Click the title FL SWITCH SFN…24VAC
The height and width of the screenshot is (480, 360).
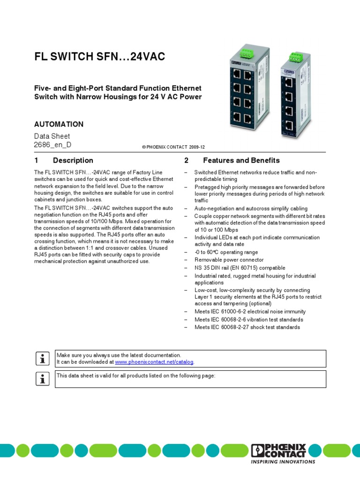[x=99, y=57]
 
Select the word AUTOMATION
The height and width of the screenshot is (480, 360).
[x=59, y=124]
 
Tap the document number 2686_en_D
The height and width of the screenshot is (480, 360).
[x=53, y=145]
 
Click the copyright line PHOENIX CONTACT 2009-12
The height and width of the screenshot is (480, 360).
[x=173, y=147]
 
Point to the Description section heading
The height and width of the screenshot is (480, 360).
[x=73, y=160]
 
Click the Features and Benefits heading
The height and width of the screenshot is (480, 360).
[x=241, y=160]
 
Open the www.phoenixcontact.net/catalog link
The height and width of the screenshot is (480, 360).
[x=154, y=362]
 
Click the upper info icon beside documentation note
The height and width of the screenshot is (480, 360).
[x=43, y=359]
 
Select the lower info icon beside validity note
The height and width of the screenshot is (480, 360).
[x=43, y=379]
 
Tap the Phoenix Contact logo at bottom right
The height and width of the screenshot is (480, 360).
[x=278, y=450]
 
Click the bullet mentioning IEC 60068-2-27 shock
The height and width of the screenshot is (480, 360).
[x=247, y=327]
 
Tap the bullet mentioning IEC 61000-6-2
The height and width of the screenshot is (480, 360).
[x=250, y=311]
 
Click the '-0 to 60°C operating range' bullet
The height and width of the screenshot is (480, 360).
[x=226, y=252]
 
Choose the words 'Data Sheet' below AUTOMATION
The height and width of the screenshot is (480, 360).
[x=52, y=136]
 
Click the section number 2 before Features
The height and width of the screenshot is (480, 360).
[x=186, y=160]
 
